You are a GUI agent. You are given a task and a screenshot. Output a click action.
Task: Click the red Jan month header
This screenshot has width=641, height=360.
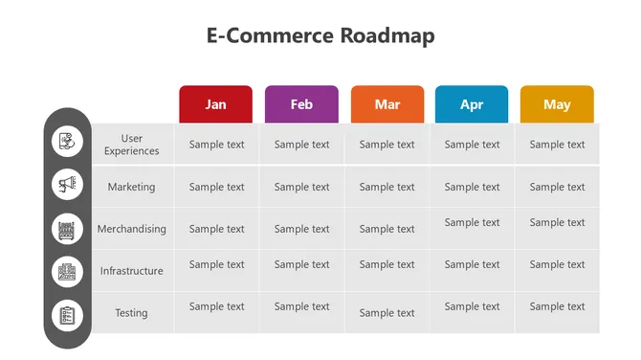pyautogui.click(x=216, y=104)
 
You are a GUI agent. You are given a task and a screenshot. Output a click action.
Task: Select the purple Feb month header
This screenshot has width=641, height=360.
pyautogui.click(x=301, y=104)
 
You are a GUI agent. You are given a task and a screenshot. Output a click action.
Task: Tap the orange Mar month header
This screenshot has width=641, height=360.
pyautogui.click(x=387, y=104)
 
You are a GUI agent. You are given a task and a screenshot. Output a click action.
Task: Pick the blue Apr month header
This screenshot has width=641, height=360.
pyautogui.click(x=472, y=104)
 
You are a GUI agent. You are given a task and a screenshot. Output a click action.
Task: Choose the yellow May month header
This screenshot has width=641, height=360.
pyautogui.click(x=557, y=104)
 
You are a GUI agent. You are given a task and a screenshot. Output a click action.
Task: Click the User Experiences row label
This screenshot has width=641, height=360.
pyautogui.click(x=132, y=145)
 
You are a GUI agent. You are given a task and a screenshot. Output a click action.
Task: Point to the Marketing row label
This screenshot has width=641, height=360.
pyautogui.click(x=131, y=187)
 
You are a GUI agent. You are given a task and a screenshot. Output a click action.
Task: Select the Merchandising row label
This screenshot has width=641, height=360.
pyautogui.click(x=131, y=229)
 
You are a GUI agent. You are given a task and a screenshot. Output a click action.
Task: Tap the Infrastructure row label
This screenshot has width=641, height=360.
pyautogui.click(x=131, y=271)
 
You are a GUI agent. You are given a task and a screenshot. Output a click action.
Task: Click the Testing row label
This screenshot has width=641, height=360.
pyautogui.click(x=131, y=313)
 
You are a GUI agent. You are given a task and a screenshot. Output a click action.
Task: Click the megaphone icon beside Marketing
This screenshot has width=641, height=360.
pyautogui.click(x=67, y=184)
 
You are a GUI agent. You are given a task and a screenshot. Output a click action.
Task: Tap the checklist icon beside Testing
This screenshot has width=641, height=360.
pyautogui.click(x=67, y=314)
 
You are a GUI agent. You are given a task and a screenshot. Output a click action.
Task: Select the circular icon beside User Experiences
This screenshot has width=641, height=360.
pyautogui.click(x=67, y=142)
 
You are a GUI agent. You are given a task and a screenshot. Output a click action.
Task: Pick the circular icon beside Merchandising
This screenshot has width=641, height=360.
pyautogui.click(x=67, y=229)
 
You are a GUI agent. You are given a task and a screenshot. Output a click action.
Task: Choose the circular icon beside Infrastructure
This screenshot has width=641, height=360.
pyautogui.click(x=67, y=271)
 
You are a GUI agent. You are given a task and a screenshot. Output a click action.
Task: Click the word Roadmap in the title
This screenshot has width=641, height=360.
pyautogui.click(x=387, y=36)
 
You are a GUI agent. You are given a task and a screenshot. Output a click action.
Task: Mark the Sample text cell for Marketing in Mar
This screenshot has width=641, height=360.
pyautogui.click(x=387, y=187)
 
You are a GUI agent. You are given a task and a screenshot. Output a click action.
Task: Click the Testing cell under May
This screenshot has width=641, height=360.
pyautogui.click(x=557, y=306)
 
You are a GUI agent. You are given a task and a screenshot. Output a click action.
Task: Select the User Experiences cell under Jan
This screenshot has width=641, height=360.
pyautogui.click(x=216, y=145)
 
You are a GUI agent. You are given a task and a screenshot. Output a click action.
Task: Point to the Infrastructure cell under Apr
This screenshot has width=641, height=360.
pyautogui.click(x=472, y=264)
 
